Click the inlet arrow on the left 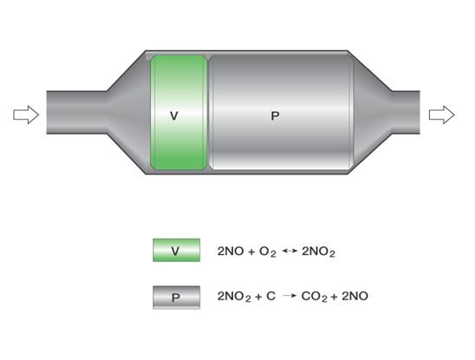coord(26,115)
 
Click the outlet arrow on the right coord(442,115)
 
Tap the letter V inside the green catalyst coord(174,116)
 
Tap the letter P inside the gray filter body coord(275,116)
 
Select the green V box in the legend coord(176,250)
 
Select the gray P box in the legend coord(176,298)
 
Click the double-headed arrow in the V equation coord(290,251)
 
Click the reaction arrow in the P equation coord(290,296)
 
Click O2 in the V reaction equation coord(268,252)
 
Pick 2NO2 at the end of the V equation coord(318,252)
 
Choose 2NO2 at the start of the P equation coord(234,297)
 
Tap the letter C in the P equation coord(270,296)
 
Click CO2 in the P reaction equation coord(315,297)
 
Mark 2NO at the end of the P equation coord(355,296)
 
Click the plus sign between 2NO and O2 coord(251,252)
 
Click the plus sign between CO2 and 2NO coord(335,297)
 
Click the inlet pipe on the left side coord(76,112)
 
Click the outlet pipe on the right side coord(407,112)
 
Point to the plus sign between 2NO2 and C coord(258,297)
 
